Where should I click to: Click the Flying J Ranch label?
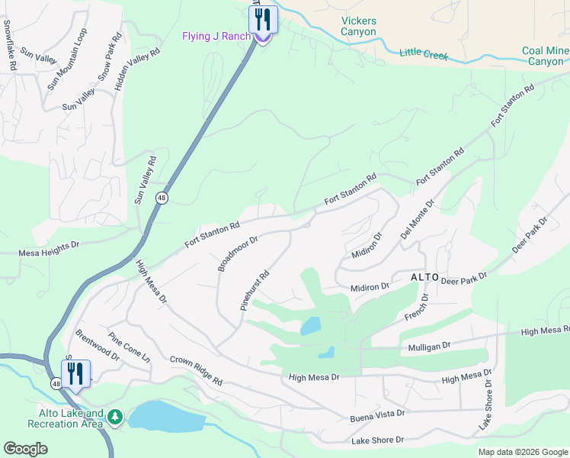[x=216, y=37]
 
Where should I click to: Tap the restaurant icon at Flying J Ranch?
[x=263, y=20]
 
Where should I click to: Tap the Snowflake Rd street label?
[x=9, y=45]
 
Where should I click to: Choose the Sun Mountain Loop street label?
[x=68, y=60]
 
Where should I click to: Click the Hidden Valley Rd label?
[x=137, y=70]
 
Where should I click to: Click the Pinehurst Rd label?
[x=255, y=290]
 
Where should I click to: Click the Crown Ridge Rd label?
[x=196, y=370]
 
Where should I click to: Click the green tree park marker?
[x=114, y=417]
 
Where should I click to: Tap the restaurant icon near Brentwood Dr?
[x=75, y=374]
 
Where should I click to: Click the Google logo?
[x=26, y=448]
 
